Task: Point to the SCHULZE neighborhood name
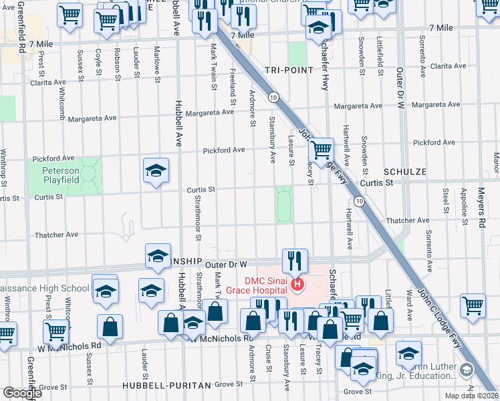coord(404,172)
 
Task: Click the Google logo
coord(22,394)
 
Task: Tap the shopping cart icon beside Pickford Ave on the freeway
coord(322,148)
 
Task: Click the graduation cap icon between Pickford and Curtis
coord(155,170)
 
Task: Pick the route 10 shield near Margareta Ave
coord(273,98)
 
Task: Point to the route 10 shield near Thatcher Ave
coord(360,201)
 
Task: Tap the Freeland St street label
coord(233,87)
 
